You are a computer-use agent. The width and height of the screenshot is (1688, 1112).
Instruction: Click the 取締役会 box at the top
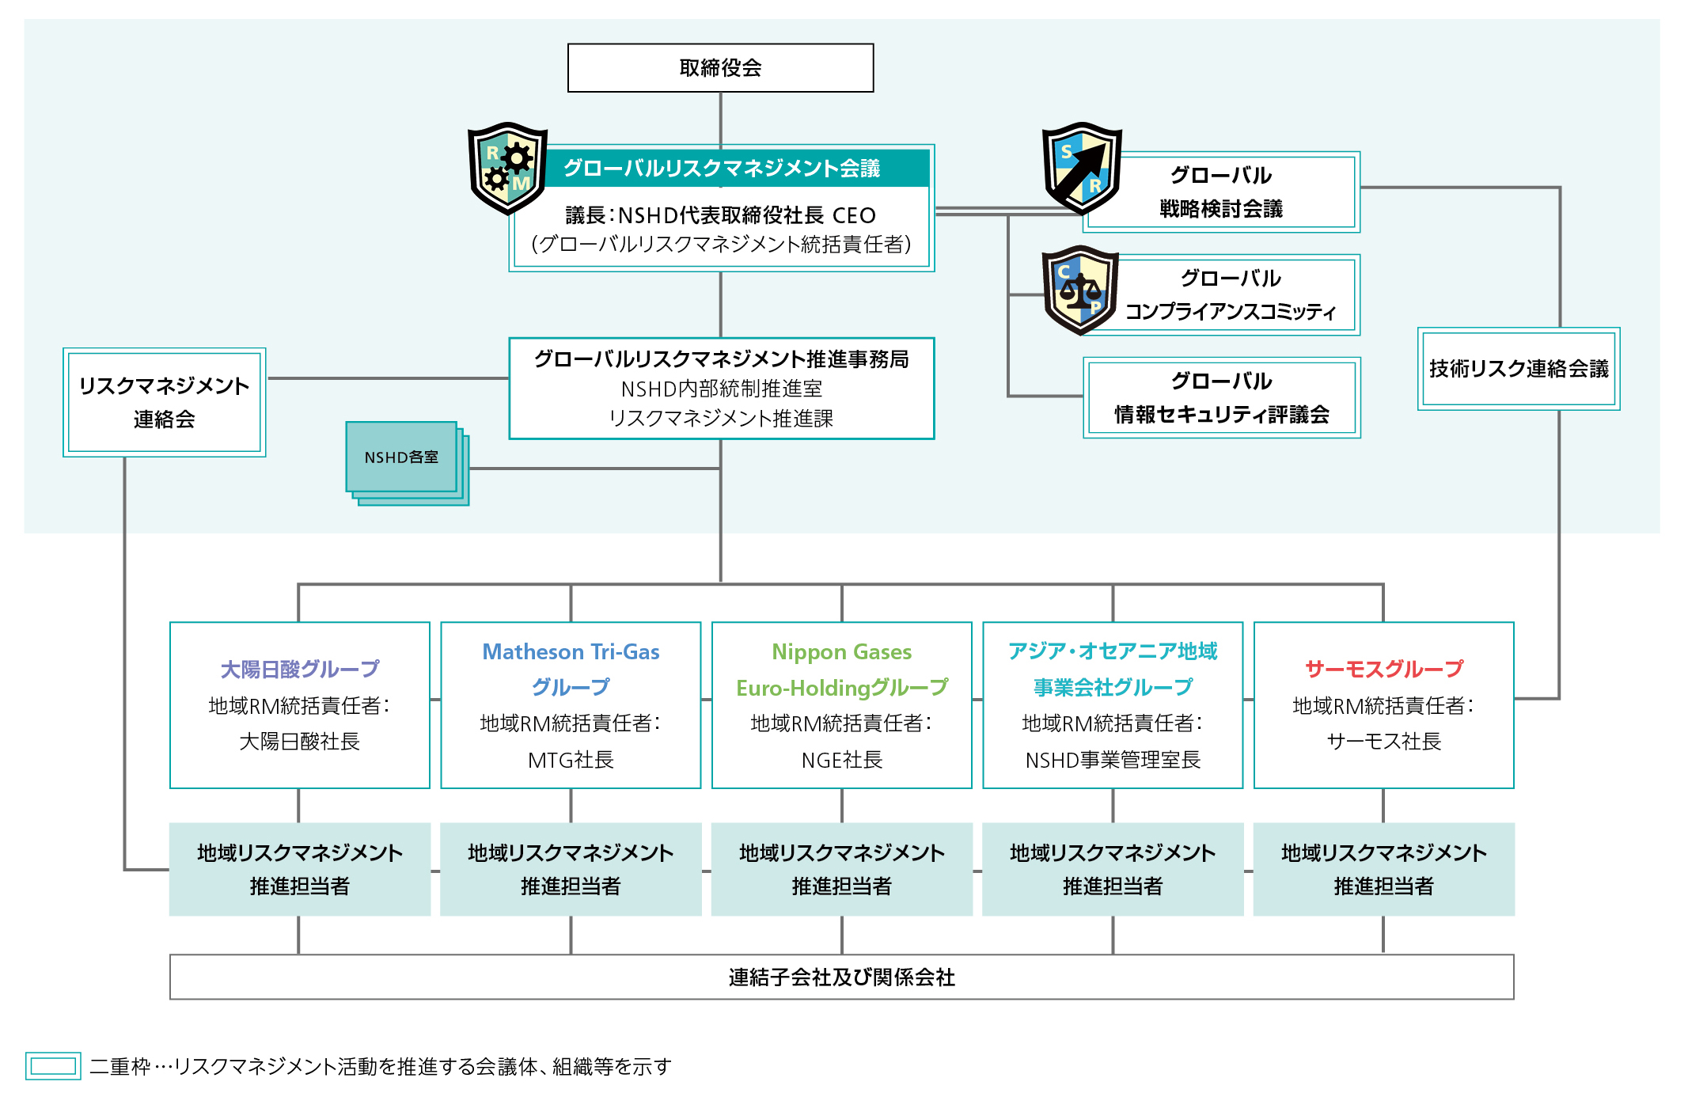(x=720, y=68)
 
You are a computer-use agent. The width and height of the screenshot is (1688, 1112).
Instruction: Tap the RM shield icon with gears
(x=507, y=168)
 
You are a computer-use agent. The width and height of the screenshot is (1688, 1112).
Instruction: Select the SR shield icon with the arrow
(x=1081, y=168)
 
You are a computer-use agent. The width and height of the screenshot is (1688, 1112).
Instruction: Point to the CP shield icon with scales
(x=1080, y=290)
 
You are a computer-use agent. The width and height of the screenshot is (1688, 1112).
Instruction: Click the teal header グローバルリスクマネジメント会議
(x=721, y=169)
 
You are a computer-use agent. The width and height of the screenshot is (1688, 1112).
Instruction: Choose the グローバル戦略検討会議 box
(x=1221, y=192)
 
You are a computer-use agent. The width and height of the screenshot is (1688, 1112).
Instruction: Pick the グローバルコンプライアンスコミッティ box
(x=1231, y=295)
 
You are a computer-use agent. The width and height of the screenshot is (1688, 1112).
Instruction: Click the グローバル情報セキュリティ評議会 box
(x=1221, y=397)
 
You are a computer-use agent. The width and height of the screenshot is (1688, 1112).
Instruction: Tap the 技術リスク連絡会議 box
(x=1518, y=369)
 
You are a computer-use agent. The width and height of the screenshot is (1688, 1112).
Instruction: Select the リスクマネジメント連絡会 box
(x=165, y=402)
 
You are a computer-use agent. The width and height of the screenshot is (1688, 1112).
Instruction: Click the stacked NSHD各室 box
(x=402, y=457)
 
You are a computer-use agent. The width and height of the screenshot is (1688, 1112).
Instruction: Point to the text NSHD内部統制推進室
(x=721, y=389)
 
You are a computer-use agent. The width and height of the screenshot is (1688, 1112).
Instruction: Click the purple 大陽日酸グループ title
(x=300, y=670)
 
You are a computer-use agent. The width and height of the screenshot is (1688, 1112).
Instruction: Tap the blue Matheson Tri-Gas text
(x=571, y=652)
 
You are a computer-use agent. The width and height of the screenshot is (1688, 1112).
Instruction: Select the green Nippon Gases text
(x=841, y=652)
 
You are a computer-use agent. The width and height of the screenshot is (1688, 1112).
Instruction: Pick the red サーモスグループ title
(x=1383, y=670)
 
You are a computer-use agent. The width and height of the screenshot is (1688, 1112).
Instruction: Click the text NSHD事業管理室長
(x=1113, y=761)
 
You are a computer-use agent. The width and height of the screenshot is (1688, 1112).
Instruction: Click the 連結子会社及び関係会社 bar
(x=841, y=977)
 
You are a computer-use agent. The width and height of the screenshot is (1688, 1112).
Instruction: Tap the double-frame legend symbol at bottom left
(x=53, y=1066)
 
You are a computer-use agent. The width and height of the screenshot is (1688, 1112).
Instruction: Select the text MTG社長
(x=571, y=761)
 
